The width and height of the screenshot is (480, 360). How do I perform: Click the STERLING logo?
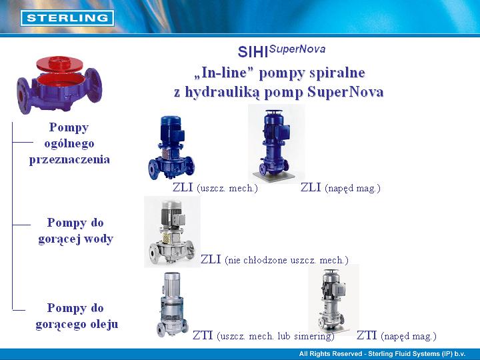67,18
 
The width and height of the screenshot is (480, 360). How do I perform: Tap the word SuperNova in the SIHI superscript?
297,49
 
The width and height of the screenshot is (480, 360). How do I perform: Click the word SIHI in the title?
253,52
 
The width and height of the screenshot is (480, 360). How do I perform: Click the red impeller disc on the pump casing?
59,64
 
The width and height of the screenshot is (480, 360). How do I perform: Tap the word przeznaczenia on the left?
69,159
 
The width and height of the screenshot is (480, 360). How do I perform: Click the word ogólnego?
69,143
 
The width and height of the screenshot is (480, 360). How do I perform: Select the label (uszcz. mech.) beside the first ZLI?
227,188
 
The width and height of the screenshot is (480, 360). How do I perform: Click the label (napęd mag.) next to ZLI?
353,188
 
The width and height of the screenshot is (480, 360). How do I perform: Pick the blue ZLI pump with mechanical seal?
171,147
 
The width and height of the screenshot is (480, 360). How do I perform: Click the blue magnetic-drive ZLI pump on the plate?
275,145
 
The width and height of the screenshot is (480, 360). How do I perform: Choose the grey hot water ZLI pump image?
172,232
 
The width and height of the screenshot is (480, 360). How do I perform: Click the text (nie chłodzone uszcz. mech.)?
287,260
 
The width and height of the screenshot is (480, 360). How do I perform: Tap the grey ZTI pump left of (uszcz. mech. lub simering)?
172,305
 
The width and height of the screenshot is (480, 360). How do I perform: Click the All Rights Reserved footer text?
382,354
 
